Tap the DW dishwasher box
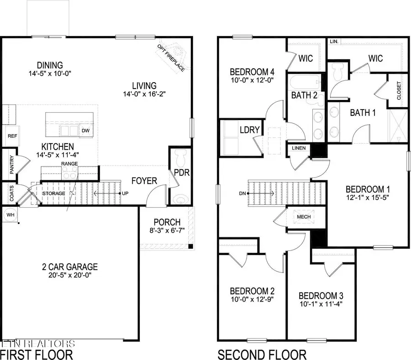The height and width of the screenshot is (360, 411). tap(85, 130)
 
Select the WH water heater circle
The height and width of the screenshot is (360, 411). tap(10, 214)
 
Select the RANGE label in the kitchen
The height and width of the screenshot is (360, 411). tap(69, 163)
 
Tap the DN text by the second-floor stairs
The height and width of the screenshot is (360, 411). tap(242, 193)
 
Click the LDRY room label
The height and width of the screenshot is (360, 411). tap(249, 130)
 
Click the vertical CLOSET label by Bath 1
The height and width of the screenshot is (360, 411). tap(399, 90)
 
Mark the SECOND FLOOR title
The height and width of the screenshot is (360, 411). tap(262, 354)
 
